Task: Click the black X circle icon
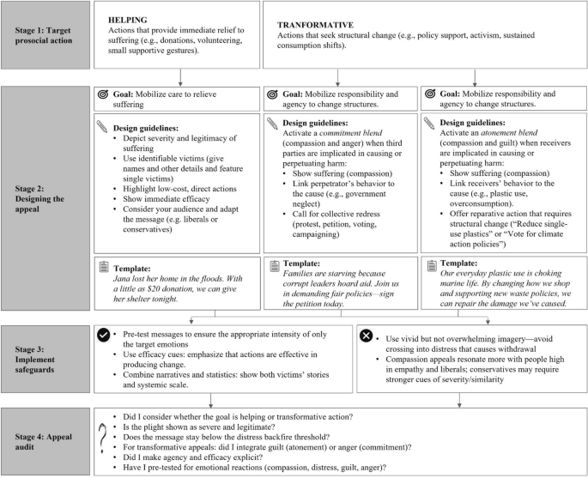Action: click(x=367, y=335)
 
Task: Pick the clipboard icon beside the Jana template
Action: click(x=102, y=269)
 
